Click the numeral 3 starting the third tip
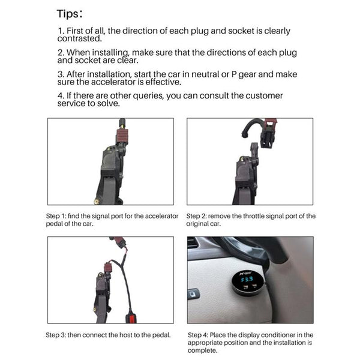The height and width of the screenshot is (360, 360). (x=59, y=74)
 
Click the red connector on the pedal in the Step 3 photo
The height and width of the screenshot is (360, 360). (x=108, y=267)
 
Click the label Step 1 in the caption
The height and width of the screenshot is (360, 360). (x=58, y=216)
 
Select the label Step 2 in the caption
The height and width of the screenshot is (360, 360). (x=199, y=216)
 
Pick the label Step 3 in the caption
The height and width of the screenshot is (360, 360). (x=58, y=335)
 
